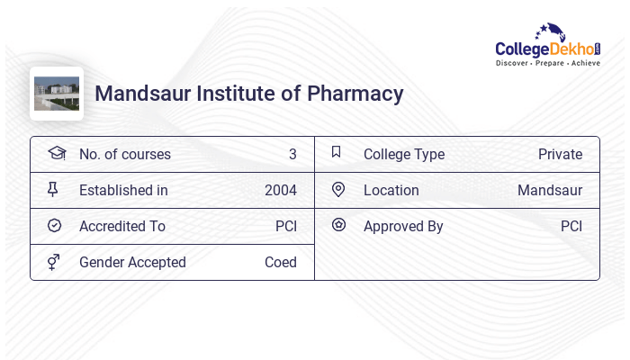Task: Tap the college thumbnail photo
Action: pyautogui.click(x=57, y=93)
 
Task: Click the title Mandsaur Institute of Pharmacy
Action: pyautogui.click(x=249, y=94)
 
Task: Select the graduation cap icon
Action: pyautogui.click(x=56, y=154)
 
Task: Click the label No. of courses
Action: pyautogui.click(x=125, y=155)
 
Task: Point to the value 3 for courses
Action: pyautogui.click(x=292, y=155)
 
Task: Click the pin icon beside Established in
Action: pyautogui.click(x=54, y=190)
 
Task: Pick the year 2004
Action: pyautogui.click(x=281, y=191)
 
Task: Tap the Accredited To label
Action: pyautogui.click(x=122, y=227)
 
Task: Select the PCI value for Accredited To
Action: pyautogui.click(x=286, y=227)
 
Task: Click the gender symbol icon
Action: pyautogui.click(x=54, y=262)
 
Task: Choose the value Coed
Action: pyautogui.click(x=281, y=263)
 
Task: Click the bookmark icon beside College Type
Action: pyautogui.click(x=336, y=152)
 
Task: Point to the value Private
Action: pyautogui.click(x=560, y=155)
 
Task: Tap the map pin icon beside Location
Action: pyautogui.click(x=338, y=190)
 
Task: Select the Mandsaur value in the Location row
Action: pyautogui.click(x=550, y=191)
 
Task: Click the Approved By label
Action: pyautogui.click(x=403, y=227)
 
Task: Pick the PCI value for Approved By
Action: pyautogui.click(x=571, y=227)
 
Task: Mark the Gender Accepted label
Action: pyautogui.click(x=132, y=263)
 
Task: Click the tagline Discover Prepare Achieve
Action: pyautogui.click(x=548, y=64)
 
